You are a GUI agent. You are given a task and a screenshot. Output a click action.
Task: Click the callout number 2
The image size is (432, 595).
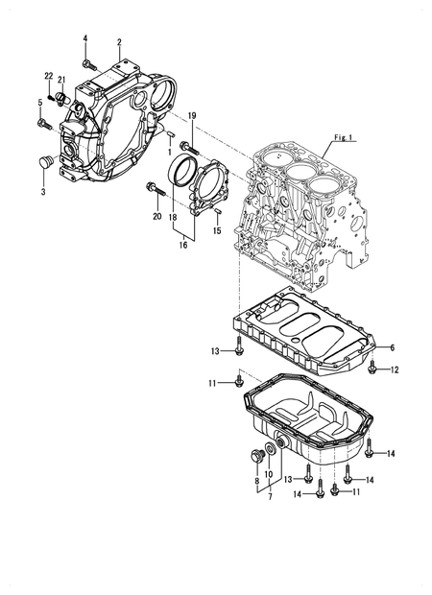(x=118, y=42)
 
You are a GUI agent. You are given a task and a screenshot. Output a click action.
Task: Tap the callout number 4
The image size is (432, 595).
(x=84, y=37)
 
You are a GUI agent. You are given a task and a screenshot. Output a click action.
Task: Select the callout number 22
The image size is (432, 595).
(x=48, y=75)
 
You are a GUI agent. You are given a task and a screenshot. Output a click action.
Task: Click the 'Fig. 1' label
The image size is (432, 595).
(x=343, y=138)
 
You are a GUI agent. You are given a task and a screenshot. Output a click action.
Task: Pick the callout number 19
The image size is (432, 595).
(x=191, y=116)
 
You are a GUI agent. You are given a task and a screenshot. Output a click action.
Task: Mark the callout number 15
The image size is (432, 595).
(x=217, y=230)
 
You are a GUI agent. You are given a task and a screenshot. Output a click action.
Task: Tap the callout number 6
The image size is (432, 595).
(x=392, y=347)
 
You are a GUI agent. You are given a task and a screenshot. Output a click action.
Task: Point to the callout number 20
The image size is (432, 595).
(x=156, y=217)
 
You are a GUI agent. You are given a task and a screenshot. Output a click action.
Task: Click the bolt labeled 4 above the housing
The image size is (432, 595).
(x=88, y=63)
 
